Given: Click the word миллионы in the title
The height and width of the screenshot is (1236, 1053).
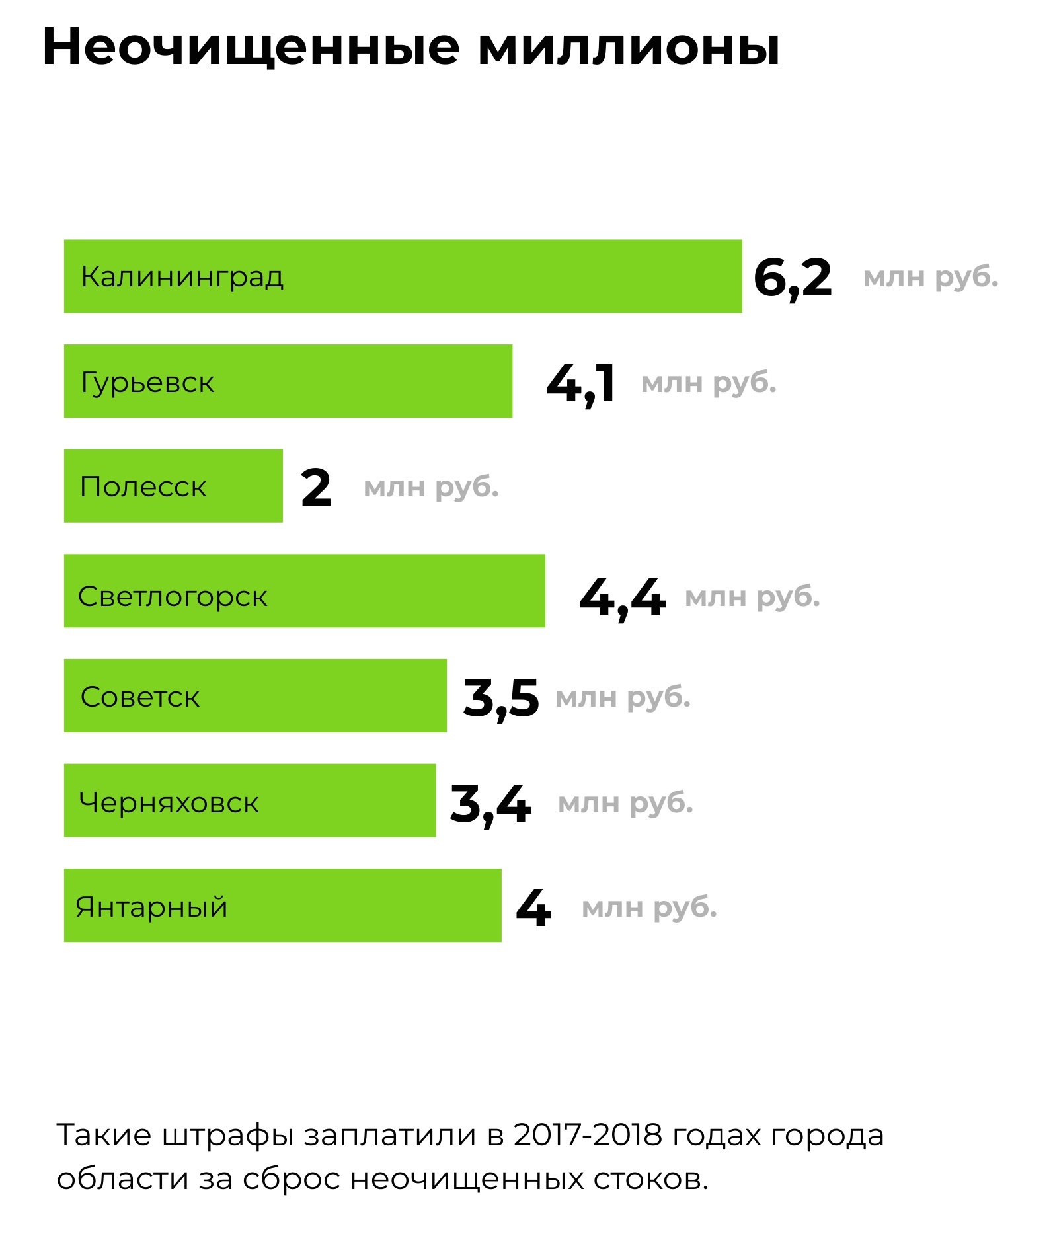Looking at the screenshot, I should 629,48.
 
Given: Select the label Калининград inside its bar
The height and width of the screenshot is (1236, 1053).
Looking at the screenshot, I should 182,277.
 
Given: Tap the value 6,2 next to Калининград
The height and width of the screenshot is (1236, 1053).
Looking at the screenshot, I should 793,278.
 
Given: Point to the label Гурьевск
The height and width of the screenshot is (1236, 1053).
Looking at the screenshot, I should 147,383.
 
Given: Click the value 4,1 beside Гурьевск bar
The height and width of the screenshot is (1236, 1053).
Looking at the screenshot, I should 581,383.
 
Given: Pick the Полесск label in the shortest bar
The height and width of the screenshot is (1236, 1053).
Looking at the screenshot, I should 143,487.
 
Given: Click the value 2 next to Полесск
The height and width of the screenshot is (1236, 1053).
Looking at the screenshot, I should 316,488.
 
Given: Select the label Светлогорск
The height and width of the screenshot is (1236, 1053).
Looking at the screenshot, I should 173,597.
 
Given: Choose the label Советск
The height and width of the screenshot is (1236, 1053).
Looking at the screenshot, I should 140,697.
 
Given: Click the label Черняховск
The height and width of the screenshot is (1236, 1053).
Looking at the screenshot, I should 169,803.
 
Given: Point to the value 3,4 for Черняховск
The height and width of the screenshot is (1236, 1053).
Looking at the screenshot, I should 490,804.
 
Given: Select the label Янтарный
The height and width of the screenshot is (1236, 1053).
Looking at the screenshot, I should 152,908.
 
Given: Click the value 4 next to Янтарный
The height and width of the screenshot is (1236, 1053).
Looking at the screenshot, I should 533,908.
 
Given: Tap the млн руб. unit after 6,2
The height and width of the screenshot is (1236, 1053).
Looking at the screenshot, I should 931,278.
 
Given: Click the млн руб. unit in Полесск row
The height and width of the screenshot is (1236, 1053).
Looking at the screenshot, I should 431,488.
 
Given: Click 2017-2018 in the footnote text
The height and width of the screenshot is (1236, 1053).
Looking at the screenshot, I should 588,1135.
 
